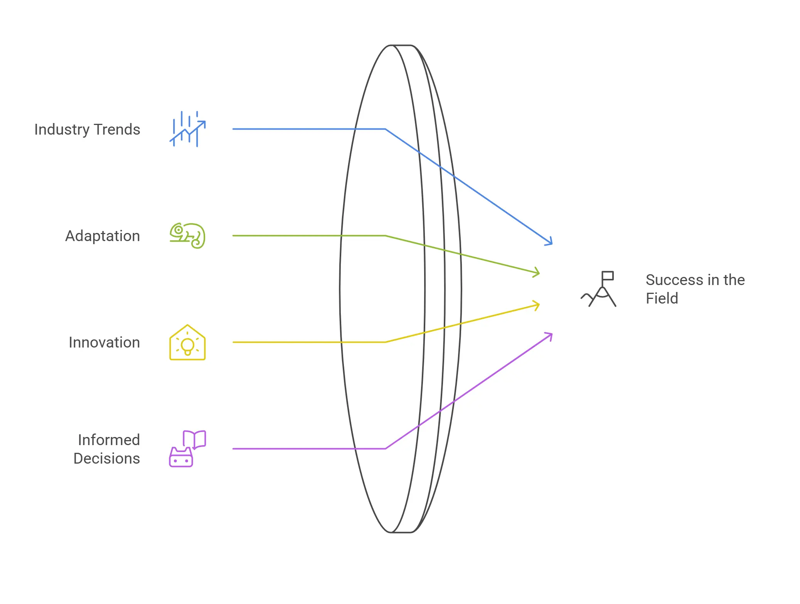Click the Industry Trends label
pyautogui.click(x=87, y=130)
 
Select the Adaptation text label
pyautogui.click(x=103, y=236)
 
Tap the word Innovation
pyautogui.click(x=104, y=342)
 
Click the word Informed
pyautogui.click(x=109, y=440)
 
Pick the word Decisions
pyautogui.click(x=106, y=459)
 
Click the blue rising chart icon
pyautogui.click(x=188, y=129)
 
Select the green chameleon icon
pyautogui.click(x=188, y=236)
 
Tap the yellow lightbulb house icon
pyautogui.click(x=187, y=342)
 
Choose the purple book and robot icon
pyautogui.click(x=187, y=449)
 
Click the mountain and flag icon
pyautogui.click(x=599, y=289)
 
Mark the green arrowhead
pyautogui.click(x=537, y=272)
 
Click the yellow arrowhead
pyautogui.click(x=537, y=305)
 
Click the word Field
pyautogui.click(x=662, y=299)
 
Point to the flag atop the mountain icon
pyautogui.click(x=608, y=276)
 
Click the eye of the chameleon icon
pyautogui.click(x=179, y=230)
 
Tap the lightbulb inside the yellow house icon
pyautogui.click(x=188, y=346)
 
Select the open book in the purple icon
pyautogui.click(x=195, y=439)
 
